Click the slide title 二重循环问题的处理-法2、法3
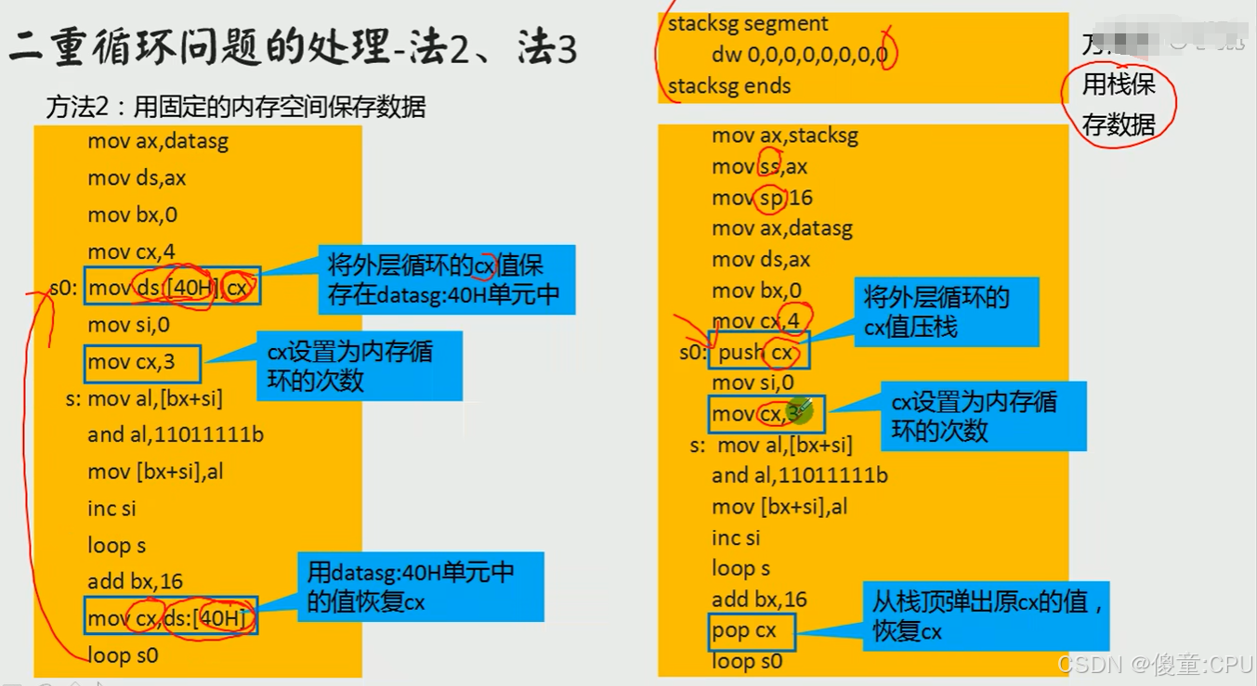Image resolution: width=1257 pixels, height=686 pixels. tap(293, 47)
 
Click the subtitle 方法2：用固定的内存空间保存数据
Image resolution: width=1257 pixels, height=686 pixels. tap(236, 108)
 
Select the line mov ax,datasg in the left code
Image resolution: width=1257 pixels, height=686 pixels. tap(158, 141)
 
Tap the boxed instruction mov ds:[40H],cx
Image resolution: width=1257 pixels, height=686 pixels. tap(172, 288)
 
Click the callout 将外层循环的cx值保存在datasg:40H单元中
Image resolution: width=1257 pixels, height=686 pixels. tap(445, 279)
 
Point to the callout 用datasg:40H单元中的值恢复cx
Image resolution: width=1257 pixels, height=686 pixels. tap(420, 587)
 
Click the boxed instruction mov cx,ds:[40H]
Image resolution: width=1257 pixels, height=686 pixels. tap(170, 618)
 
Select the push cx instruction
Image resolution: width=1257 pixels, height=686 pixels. tap(756, 352)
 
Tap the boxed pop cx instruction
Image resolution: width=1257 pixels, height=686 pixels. tap(751, 631)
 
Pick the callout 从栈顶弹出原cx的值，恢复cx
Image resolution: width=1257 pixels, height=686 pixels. tap(988, 615)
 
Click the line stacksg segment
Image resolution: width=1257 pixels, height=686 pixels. tap(748, 23)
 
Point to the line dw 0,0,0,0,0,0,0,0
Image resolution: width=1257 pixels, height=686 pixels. tap(799, 55)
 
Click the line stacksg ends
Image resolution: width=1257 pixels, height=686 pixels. tap(729, 86)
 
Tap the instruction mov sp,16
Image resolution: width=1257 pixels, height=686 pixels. tap(762, 198)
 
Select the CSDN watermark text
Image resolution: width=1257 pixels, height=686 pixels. tap(1155, 664)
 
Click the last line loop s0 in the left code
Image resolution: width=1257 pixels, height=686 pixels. tap(123, 655)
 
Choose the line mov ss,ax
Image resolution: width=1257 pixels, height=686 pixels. tap(759, 167)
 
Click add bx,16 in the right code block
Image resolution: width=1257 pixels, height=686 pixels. tap(759, 600)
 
